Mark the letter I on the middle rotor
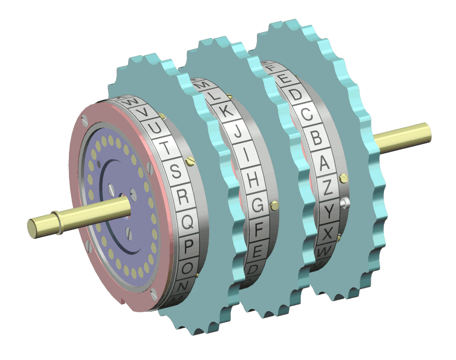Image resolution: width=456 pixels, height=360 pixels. pyautogui.click(x=245, y=156)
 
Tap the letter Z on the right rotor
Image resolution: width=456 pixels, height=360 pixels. pyautogui.click(x=329, y=187)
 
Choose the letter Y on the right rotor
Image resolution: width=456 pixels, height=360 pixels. pyautogui.click(x=330, y=212)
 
